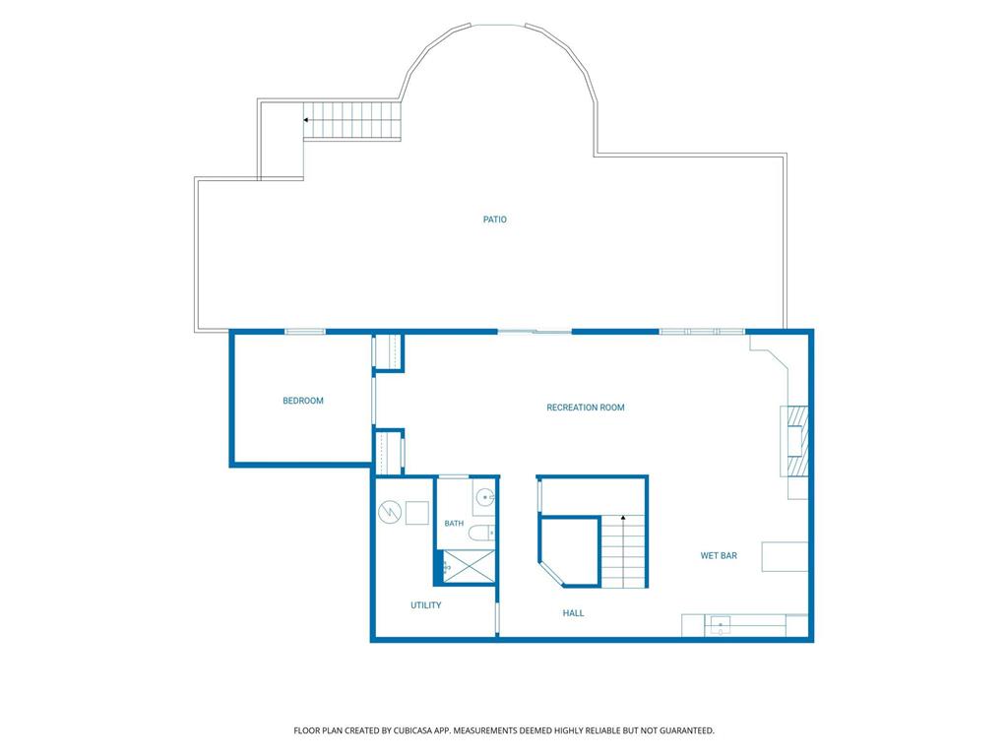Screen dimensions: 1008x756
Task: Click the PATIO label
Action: coord(494,220)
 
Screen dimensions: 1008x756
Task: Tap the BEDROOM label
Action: coord(303,402)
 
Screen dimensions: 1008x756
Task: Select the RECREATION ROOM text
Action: coord(585,408)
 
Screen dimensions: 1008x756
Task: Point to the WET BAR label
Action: coord(719,556)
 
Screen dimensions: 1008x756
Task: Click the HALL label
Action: coord(573,613)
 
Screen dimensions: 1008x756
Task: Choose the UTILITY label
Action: coord(425,605)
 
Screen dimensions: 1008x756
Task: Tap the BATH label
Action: coord(454,524)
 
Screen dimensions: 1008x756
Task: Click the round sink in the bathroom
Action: coord(485,497)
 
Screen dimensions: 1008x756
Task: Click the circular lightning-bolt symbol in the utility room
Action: coord(390,512)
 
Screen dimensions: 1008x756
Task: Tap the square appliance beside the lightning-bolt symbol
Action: coord(416,513)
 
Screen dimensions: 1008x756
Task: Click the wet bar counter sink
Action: coord(720,625)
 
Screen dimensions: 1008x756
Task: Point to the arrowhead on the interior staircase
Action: coord(622,518)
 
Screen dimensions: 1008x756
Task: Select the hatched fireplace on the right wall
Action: coord(794,441)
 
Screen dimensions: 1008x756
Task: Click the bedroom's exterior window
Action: coord(305,332)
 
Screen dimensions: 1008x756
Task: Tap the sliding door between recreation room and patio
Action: coord(535,332)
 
